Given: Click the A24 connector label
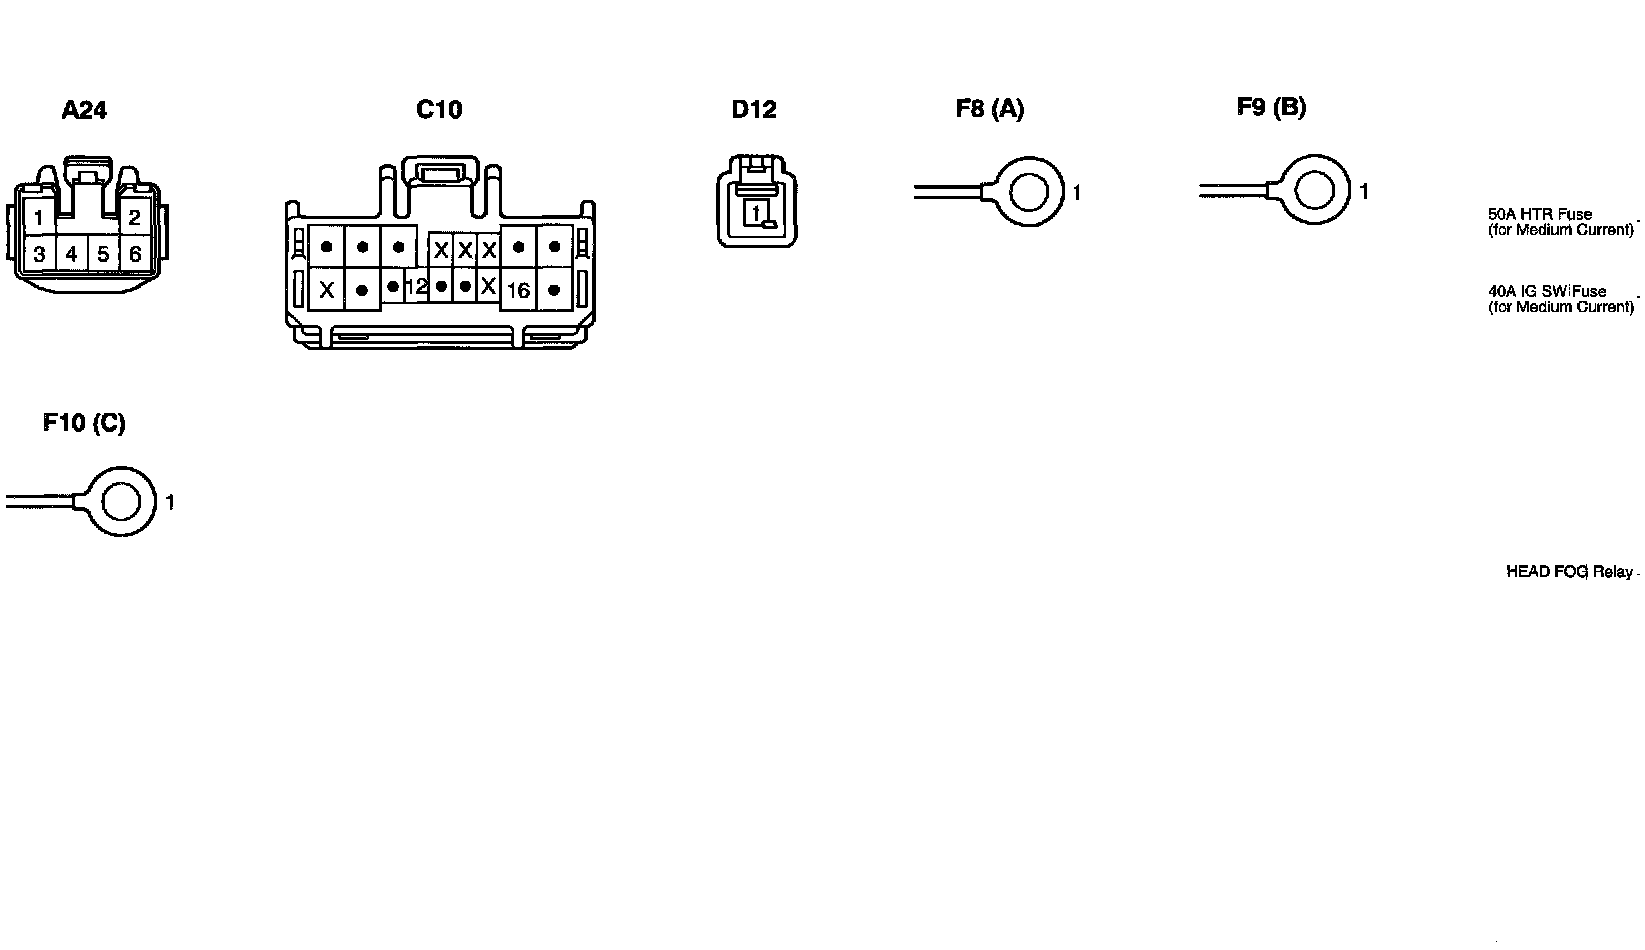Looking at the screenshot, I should [x=84, y=110].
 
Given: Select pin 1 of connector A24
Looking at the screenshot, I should [x=38, y=217].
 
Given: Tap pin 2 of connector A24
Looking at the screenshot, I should [x=134, y=217].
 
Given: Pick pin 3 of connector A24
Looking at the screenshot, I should [x=39, y=254].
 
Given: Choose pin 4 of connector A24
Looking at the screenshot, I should [x=71, y=254].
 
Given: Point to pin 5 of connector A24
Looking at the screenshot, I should [x=103, y=254].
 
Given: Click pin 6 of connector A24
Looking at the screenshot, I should [x=135, y=254].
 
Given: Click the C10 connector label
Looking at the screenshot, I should [x=439, y=110].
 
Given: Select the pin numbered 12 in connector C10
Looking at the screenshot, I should [x=417, y=287].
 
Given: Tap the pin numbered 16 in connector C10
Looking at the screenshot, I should [x=518, y=291].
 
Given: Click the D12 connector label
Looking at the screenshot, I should [x=754, y=110].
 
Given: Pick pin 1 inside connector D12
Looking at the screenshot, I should [x=757, y=212].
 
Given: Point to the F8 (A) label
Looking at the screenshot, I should [x=990, y=109].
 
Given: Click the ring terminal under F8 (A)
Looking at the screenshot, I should [x=1028, y=190].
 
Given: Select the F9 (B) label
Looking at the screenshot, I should [x=1271, y=107].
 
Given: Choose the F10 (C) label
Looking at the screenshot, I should [x=84, y=423].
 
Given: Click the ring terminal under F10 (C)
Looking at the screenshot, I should [x=122, y=500].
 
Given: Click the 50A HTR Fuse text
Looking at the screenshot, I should [x=1540, y=214].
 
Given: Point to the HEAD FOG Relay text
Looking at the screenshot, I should [x=1569, y=572].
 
